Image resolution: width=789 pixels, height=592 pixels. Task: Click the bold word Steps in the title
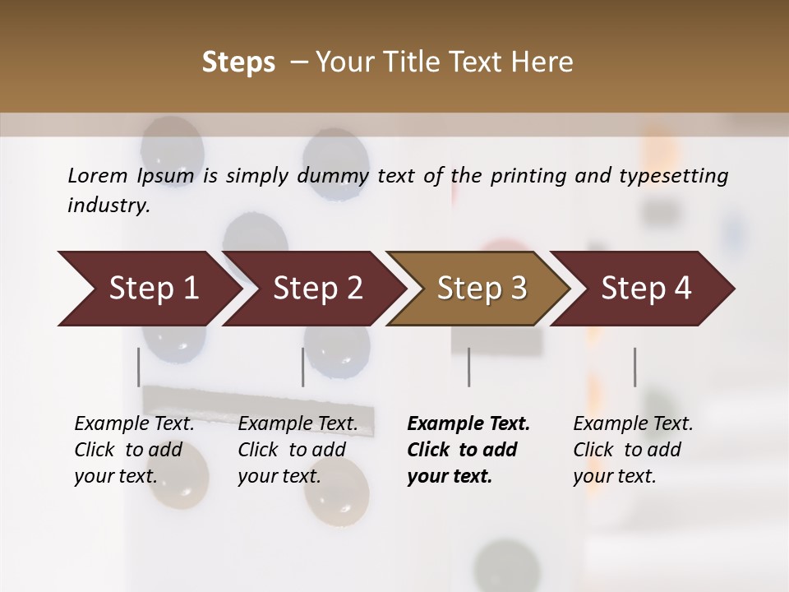(x=238, y=62)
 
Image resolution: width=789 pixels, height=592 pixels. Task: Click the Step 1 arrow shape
(x=148, y=289)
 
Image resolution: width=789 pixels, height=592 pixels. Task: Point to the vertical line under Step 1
(x=139, y=367)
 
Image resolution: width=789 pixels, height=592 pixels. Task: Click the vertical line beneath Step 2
(x=303, y=367)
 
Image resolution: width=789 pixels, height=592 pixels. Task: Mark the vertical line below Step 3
(x=469, y=367)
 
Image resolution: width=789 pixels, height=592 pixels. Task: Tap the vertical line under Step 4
(x=634, y=367)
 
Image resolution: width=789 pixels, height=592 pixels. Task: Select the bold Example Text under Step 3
(x=468, y=450)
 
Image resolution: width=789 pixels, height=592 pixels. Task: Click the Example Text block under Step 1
(x=134, y=450)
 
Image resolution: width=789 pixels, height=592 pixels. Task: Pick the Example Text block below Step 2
(x=298, y=450)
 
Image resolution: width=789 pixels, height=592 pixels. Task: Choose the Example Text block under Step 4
(x=633, y=450)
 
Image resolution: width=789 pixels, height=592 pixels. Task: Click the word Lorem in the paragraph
(x=97, y=175)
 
